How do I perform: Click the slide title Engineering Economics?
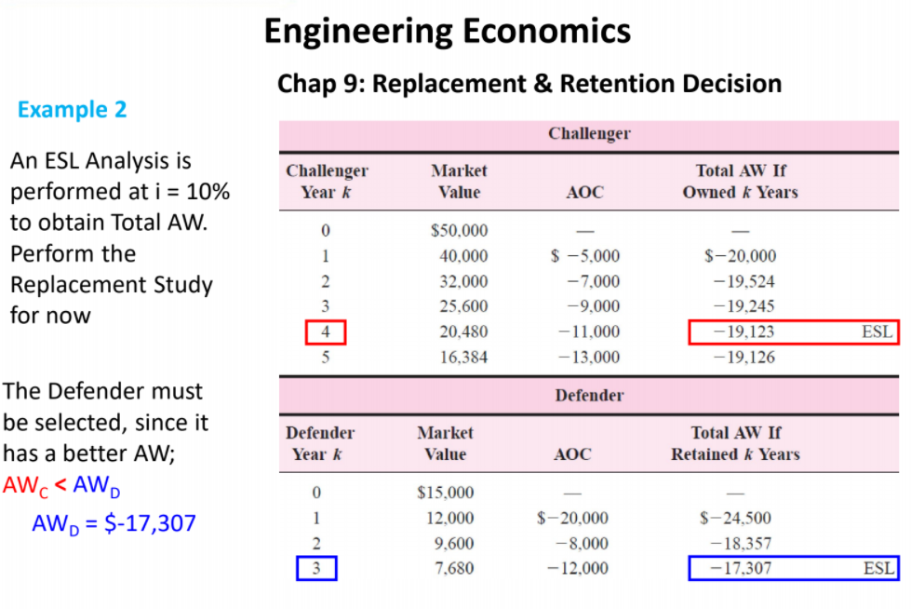point(448,31)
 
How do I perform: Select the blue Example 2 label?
point(72,109)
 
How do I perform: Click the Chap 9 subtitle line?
point(529,84)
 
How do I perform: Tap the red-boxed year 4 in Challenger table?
point(326,332)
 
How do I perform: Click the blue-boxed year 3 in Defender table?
point(316,568)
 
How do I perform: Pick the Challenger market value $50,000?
point(459,230)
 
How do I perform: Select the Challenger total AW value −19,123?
point(743,332)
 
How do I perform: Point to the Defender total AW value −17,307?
point(741,568)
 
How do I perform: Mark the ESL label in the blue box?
point(878,568)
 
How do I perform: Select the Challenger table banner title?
point(589,133)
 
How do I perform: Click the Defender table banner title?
point(589,395)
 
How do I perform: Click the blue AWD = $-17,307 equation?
point(114,522)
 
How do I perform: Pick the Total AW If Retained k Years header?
point(735,443)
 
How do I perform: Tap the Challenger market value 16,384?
point(462,357)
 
